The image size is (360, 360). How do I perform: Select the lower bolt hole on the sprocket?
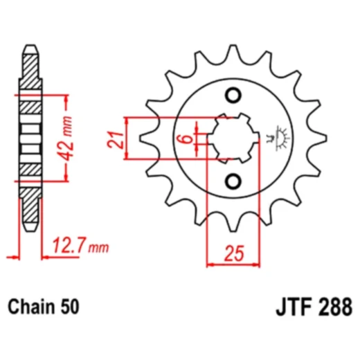click(x=235, y=181)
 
